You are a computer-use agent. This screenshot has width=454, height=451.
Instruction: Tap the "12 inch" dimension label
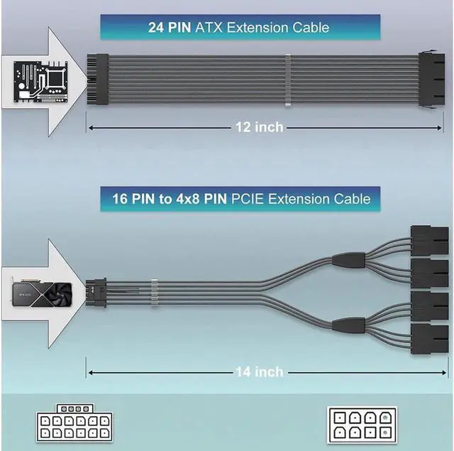[x=260, y=127]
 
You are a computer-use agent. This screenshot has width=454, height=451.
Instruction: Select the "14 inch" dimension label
[x=260, y=371]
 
